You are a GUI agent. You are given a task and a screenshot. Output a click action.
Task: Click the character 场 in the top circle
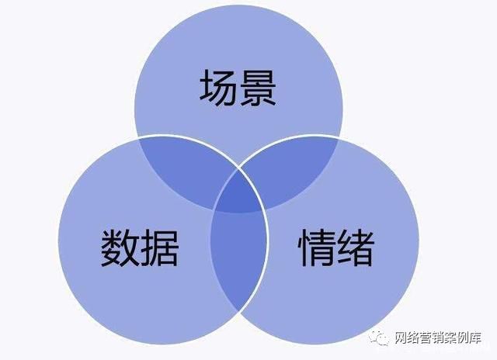tap(217, 87)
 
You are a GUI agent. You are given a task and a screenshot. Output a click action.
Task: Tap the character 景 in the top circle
tap(258, 87)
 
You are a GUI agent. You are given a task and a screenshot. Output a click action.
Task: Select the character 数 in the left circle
tap(120, 247)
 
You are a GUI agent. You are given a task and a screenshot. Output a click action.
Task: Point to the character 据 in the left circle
tap(159, 247)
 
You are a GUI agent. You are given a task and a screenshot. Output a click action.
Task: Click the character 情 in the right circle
tap(316, 247)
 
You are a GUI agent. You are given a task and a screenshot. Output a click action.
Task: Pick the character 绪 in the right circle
tap(356, 247)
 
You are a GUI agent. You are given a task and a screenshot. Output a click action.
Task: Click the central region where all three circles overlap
tap(238, 193)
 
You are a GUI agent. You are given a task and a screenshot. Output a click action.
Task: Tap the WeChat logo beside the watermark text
tap(379, 338)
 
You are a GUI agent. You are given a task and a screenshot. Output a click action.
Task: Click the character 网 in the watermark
tap(401, 337)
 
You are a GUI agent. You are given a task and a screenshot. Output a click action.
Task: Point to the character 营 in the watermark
tap(426, 337)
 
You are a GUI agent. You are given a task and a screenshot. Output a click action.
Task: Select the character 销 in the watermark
tap(438, 337)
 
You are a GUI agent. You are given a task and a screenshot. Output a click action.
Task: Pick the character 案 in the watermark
tap(450, 337)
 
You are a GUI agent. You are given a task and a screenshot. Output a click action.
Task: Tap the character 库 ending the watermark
tap(475, 337)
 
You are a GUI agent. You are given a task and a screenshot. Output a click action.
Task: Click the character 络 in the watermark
tap(413, 337)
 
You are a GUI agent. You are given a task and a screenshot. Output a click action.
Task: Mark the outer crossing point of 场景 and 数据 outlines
tap(138, 138)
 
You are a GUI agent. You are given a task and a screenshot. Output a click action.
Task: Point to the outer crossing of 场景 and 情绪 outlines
tap(339, 138)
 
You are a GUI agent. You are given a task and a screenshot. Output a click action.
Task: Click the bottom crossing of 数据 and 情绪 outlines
tap(238, 311)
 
